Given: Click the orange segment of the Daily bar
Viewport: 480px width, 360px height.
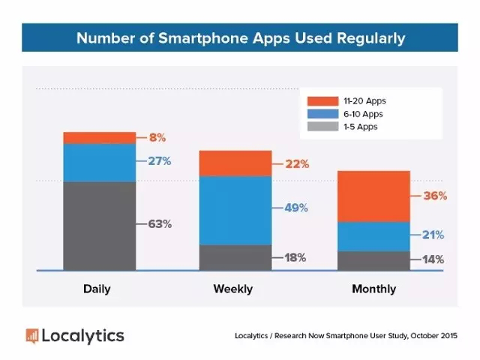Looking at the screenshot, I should coord(99,137).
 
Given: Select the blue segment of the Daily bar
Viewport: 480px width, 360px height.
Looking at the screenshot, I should coord(99,162).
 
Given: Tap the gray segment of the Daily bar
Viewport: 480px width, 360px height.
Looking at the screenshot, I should coord(99,225).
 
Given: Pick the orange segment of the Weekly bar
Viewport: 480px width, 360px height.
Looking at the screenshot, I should coord(235,163).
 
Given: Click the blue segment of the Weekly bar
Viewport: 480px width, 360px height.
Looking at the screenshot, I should coord(235,210).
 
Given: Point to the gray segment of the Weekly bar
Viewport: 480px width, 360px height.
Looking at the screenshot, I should coord(235,256).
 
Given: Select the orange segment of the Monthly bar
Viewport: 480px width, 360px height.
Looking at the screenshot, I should coord(373,196).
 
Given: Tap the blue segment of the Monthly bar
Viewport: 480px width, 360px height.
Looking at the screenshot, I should coord(373,236).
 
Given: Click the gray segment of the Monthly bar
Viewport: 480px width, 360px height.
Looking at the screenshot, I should coord(373,260).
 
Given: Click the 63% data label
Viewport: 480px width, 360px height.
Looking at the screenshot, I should coord(160,223).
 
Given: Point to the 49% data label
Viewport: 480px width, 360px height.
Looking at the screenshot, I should coord(295,208).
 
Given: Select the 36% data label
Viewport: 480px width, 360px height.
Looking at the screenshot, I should coord(434,196).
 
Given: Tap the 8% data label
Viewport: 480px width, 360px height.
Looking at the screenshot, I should coord(157,137).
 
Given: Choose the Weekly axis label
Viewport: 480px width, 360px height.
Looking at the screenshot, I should coord(233,289).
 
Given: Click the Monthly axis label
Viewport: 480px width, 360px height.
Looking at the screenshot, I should coord(373,289).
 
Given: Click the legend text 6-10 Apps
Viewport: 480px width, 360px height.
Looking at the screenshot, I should coord(362,113).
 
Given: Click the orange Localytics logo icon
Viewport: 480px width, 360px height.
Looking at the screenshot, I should coord(31,335).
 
